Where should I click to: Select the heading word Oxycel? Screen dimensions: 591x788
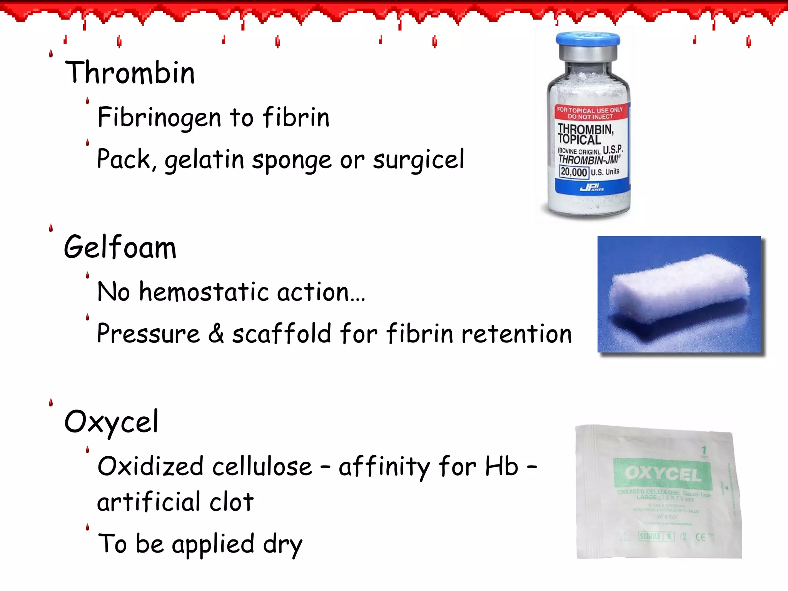[x=111, y=422]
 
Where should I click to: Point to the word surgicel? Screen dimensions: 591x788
[x=419, y=159]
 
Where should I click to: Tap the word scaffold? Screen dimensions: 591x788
[x=282, y=333]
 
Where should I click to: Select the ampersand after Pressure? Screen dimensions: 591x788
[x=216, y=333]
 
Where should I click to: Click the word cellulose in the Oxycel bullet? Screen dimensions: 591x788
[x=262, y=466]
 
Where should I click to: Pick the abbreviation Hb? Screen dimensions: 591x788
[x=502, y=466]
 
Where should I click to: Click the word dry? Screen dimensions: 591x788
[x=283, y=544]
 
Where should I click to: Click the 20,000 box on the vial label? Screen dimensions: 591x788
[x=574, y=172]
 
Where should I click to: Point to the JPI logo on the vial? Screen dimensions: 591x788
[x=591, y=188]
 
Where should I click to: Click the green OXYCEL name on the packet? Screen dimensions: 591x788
[x=663, y=474]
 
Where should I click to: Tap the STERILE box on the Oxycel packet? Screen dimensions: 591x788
[x=650, y=536]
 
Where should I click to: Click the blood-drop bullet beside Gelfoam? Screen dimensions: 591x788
[x=51, y=229]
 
